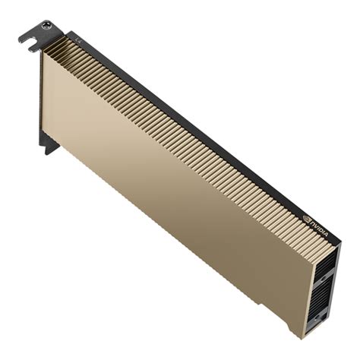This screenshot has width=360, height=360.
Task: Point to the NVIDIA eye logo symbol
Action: (x=308, y=216)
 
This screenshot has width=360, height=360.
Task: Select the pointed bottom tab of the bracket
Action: (x=49, y=148)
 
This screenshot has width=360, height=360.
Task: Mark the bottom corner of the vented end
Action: (x=302, y=337)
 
